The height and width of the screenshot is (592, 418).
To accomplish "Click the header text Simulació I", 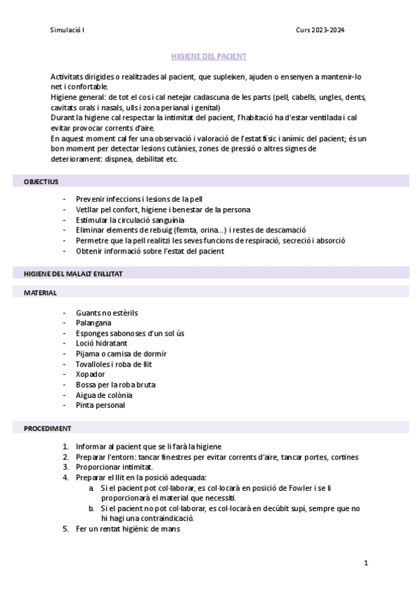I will [x=68, y=30].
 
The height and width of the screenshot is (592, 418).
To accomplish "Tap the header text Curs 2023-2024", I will [x=320, y=30].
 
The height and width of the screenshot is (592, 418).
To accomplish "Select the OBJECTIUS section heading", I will [x=41, y=182].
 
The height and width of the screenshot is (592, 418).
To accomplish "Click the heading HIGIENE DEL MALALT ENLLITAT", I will [x=73, y=274].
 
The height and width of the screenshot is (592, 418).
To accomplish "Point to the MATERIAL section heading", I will [x=40, y=293].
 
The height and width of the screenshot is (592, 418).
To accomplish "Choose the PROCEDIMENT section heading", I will [x=47, y=427].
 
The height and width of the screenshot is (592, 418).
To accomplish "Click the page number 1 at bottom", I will [x=366, y=562].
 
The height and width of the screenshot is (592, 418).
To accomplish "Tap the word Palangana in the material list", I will [x=94, y=323].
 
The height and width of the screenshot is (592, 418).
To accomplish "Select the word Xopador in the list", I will [x=91, y=374].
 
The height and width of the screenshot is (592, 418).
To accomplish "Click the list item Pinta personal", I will [x=101, y=405].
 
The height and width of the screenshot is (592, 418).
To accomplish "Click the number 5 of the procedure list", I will [x=66, y=528].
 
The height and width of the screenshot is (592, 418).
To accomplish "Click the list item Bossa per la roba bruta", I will [x=116, y=385].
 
